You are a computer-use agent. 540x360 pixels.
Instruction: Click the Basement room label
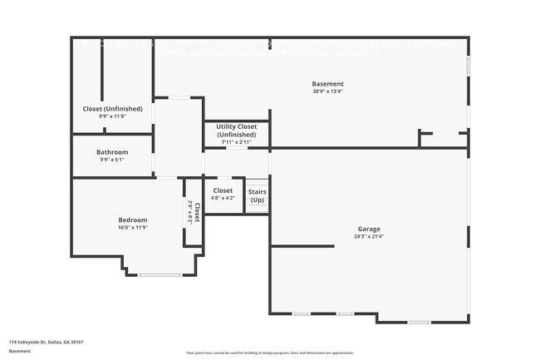(x=327, y=84)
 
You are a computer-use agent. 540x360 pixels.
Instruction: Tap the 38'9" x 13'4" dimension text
(x=327, y=91)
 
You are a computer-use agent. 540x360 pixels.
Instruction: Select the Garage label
(x=369, y=229)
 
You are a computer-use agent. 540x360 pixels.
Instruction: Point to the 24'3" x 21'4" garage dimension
(x=369, y=236)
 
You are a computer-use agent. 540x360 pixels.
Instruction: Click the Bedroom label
(x=132, y=219)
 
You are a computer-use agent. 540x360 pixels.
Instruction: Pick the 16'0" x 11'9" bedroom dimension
(x=132, y=227)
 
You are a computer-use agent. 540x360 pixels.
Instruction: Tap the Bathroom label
(x=112, y=152)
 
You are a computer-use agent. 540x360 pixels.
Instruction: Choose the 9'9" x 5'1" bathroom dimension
(x=112, y=160)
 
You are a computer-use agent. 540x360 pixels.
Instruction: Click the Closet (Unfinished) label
(x=112, y=109)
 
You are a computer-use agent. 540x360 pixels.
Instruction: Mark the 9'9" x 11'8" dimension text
(x=112, y=116)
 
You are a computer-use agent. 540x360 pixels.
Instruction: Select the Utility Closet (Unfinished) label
(x=237, y=131)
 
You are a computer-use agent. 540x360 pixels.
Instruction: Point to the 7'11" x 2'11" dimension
(x=237, y=142)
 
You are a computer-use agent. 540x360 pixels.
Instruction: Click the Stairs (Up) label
(x=258, y=196)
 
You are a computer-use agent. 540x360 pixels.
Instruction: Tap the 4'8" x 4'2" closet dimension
(x=223, y=198)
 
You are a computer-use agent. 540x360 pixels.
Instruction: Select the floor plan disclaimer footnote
(x=269, y=353)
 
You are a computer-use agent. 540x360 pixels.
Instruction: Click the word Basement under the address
(x=21, y=351)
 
